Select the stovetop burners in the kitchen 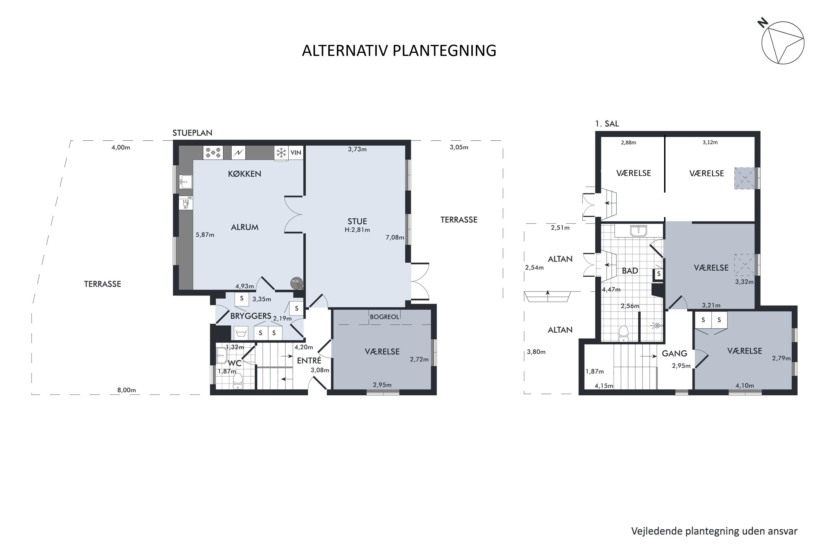point(213,153)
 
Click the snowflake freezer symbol point(281,153)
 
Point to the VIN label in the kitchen point(296,153)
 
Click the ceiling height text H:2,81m point(357,230)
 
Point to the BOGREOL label point(384,317)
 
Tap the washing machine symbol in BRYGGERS point(241,333)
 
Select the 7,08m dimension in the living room point(395,237)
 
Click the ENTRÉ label point(309,361)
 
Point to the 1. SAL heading point(607,124)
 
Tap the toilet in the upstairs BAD point(623,333)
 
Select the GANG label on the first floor point(674,353)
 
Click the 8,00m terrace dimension point(127,390)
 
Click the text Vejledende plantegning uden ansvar point(714,531)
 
